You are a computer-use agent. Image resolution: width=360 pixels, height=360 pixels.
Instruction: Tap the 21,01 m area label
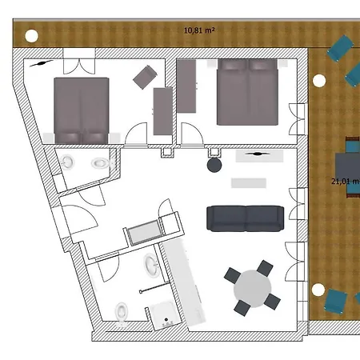(344, 181)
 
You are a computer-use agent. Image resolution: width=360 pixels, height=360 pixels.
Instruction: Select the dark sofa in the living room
(246, 216)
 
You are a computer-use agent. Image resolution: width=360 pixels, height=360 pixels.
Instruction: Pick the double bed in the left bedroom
(81, 107)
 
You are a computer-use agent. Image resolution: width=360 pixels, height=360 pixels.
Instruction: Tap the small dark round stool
(214, 166)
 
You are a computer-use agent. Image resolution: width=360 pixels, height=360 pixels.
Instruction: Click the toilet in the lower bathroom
(122, 310)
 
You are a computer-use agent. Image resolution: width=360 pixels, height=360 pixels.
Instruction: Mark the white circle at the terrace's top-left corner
(30, 35)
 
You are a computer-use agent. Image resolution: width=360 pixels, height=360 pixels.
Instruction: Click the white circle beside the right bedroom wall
(318, 80)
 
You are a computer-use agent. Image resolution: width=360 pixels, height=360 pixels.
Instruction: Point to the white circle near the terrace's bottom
(318, 288)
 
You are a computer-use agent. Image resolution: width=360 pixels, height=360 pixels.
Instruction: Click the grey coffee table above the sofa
(248, 182)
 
